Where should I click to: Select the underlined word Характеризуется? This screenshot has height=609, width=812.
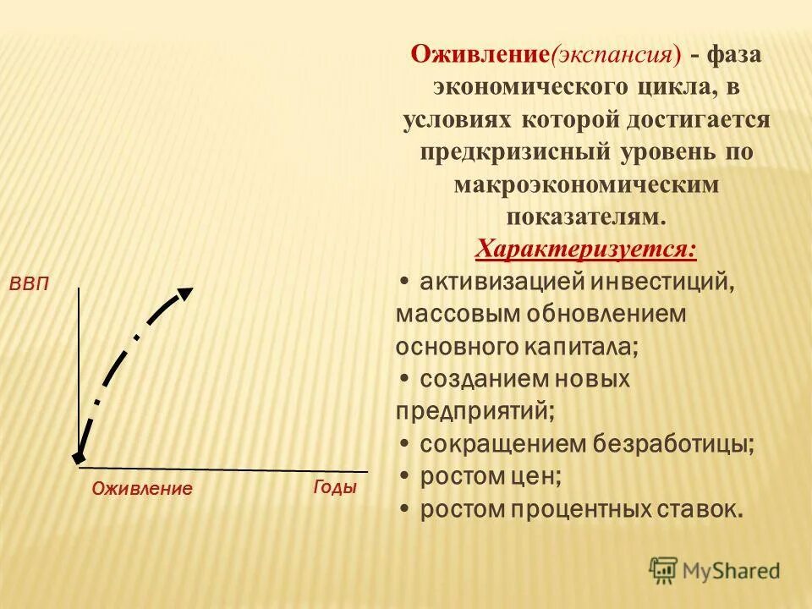586,250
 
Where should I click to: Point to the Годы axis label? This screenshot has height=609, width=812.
335,488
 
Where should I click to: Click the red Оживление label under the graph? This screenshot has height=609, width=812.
142,489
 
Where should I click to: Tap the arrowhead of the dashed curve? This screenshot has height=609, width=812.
184,294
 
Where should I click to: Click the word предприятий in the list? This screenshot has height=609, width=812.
475,411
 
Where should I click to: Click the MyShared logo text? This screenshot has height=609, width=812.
731,571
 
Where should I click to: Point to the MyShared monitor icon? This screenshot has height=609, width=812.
664,570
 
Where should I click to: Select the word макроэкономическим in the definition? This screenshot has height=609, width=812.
586,184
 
